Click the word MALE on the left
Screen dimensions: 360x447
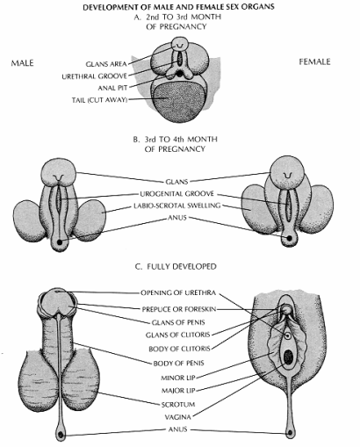tap(22, 63)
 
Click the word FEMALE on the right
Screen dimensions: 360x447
tap(314, 61)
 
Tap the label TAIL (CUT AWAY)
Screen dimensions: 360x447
tap(100, 100)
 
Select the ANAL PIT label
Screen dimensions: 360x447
tap(112, 88)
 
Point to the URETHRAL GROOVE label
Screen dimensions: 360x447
tap(95, 76)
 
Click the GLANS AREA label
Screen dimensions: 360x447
tap(106, 64)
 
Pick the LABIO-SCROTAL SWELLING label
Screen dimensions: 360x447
tap(177, 205)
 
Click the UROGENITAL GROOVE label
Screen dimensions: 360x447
tap(177, 194)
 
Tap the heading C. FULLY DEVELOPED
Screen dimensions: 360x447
tap(176, 266)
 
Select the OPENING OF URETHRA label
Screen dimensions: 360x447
tap(178, 292)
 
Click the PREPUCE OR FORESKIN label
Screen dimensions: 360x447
tap(179, 309)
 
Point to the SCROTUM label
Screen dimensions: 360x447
tap(178, 405)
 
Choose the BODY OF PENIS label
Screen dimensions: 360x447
tap(178, 364)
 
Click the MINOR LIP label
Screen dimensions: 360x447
tap(178, 378)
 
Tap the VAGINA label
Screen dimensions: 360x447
tap(177, 417)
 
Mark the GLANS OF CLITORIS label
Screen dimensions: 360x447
tap(178, 335)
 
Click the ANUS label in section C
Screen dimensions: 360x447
tap(177, 429)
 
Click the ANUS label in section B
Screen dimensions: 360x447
tap(177, 218)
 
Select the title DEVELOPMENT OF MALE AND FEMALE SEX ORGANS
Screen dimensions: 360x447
tap(178, 7)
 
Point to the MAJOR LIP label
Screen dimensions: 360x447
tap(178, 391)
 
